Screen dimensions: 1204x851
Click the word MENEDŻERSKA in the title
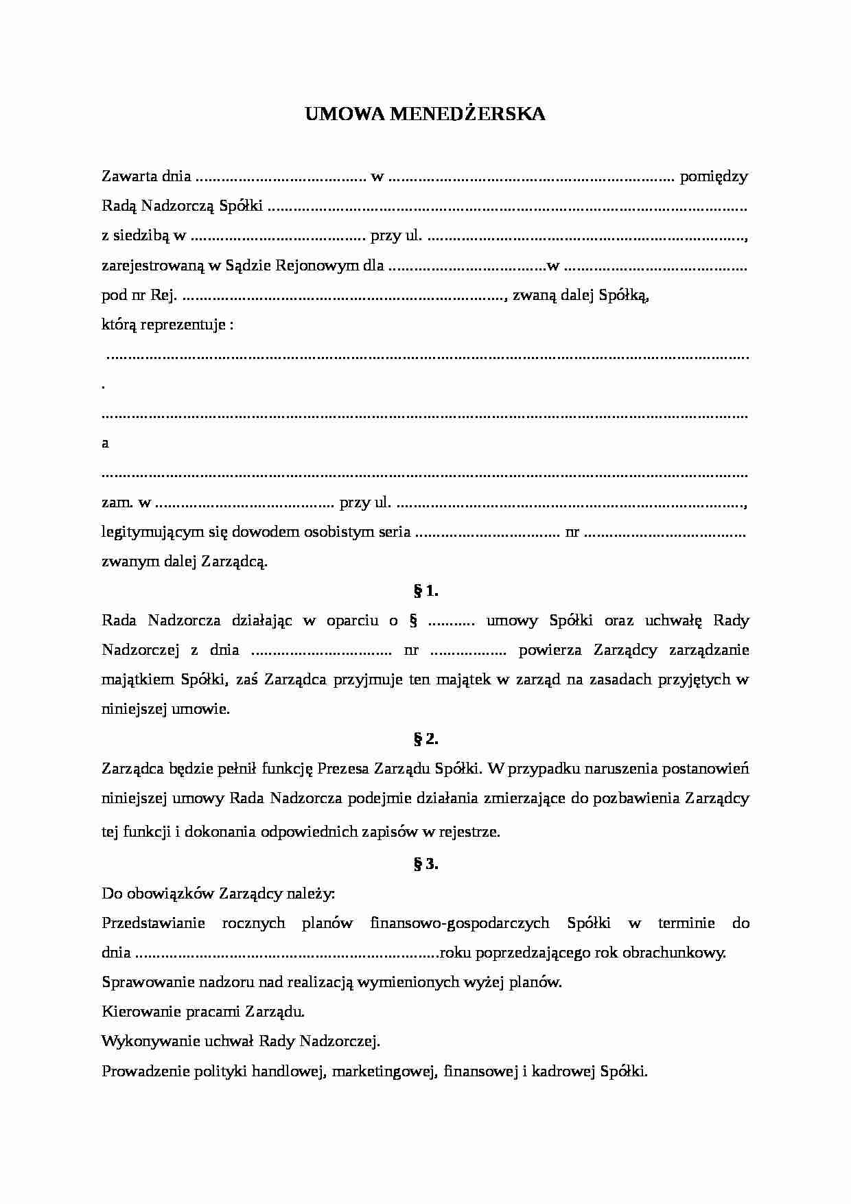pos(467,114)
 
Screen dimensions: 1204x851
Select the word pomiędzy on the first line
pos(713,176)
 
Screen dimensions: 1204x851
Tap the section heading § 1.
pos(425,590)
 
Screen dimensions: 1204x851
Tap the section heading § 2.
pos(425,739)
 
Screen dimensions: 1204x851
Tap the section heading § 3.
pos(425,864)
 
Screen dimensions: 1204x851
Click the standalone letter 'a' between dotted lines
pos(105,443)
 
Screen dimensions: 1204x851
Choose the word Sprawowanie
pos(140,982)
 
